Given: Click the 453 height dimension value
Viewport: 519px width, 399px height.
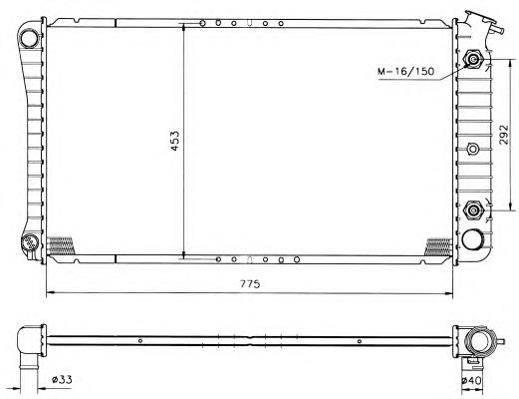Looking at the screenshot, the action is click(x=175, y=141).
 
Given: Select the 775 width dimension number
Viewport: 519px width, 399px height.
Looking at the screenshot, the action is click(x=250, y=284).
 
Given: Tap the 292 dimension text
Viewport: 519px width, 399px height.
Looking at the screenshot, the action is click(x=504, y=135).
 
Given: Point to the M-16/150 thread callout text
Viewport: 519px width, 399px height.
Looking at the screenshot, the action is click(x=405, y=71).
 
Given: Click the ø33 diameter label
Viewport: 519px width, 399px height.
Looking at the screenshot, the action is click(x=62, y=379).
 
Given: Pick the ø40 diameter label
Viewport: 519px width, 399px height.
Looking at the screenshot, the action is click(x=472, y=381).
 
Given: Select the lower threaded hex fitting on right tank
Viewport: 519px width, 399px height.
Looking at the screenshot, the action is click(x=473, y=210).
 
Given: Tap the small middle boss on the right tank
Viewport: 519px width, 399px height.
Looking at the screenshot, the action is click(x=472, y=149).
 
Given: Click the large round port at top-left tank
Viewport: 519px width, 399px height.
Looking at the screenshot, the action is click(x=29, y=39).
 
